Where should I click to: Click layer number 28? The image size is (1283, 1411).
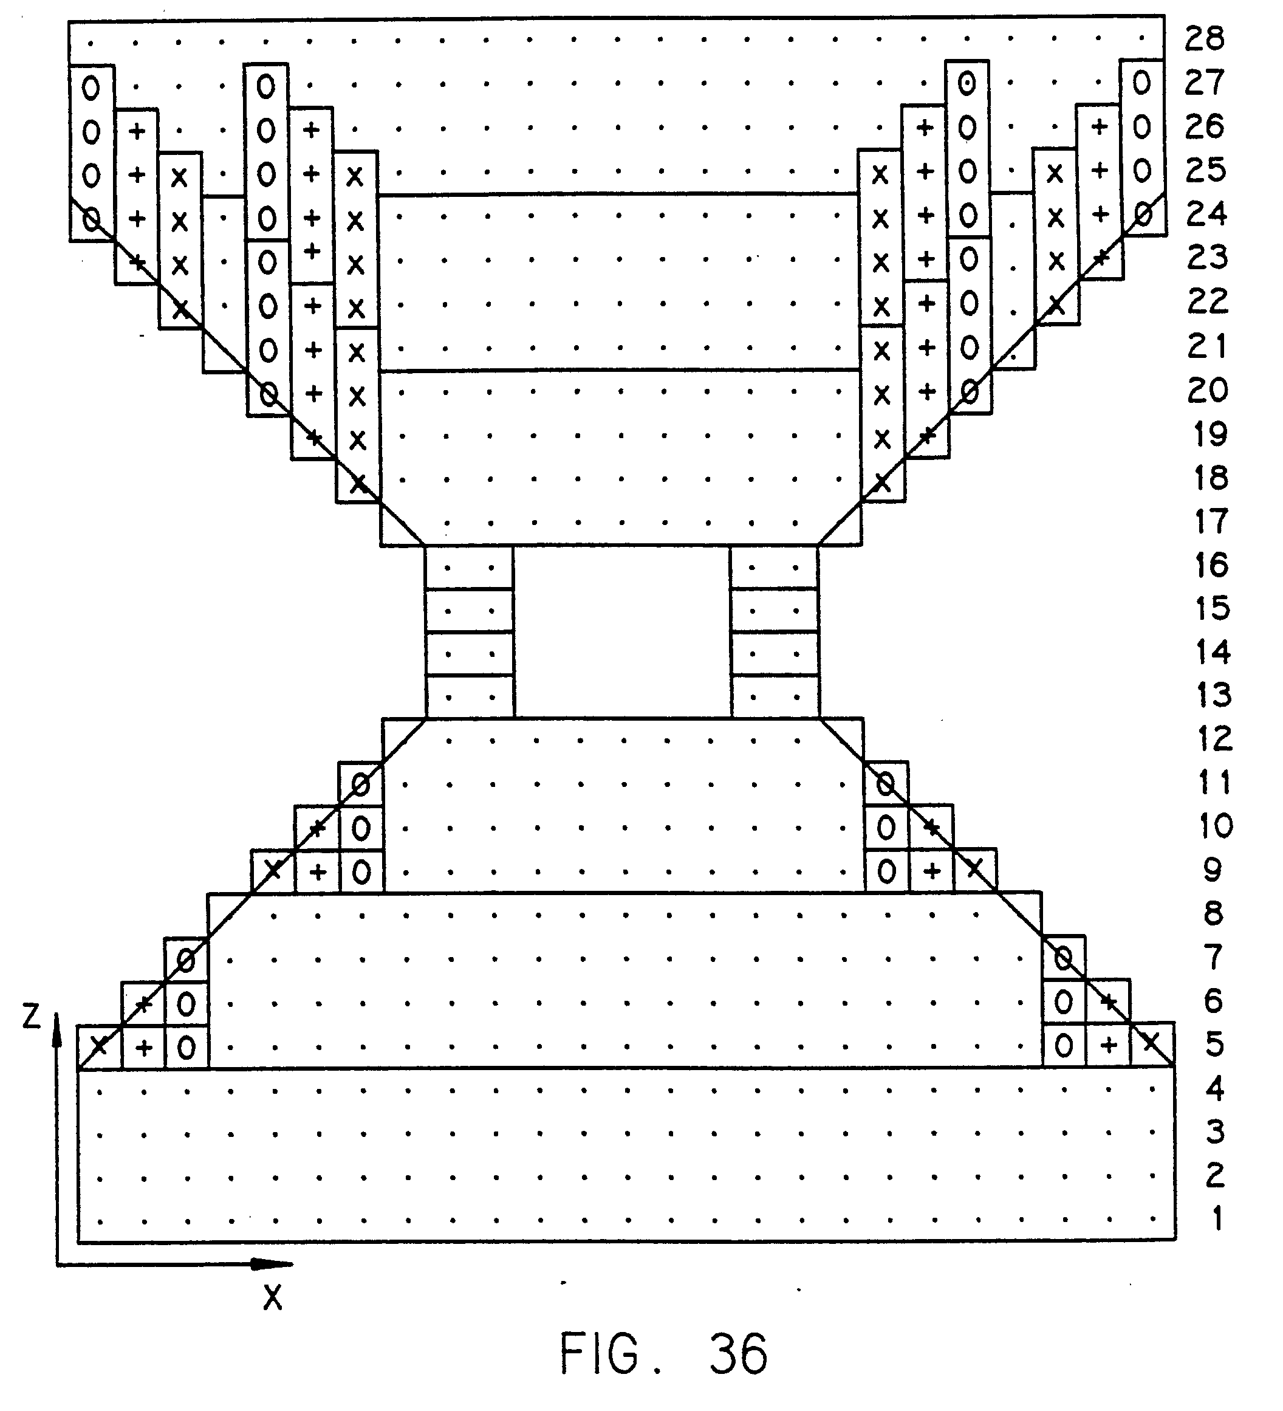pos(1205,38)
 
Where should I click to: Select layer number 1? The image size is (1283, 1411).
pos(1217,1218)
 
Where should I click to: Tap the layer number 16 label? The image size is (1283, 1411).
pos(1211,565)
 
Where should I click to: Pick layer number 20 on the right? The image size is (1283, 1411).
pos(1208,391)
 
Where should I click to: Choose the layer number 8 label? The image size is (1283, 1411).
pos(1214,914)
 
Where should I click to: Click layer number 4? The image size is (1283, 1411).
pos(1215,1089)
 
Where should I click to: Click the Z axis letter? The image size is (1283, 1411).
pos(32,1016)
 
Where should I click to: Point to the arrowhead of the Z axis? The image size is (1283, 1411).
pos(57,1028)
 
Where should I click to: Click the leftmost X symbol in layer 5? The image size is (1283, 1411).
pos(100,1046)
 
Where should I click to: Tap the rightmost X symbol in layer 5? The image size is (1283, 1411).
pos(1151,1043)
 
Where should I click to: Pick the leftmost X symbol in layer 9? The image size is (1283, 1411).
pos(273,870)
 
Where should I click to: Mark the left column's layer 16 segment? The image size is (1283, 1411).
pos(470,567)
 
